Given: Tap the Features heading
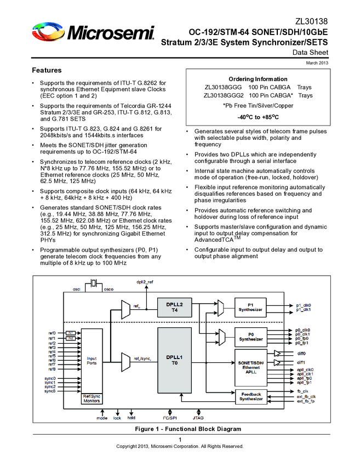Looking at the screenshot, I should click(x=47, y=71).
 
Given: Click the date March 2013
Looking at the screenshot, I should click(x=317, y=64).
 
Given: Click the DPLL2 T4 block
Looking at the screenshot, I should click(x=174, y=306).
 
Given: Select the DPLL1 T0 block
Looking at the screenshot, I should click(x=174, y=360).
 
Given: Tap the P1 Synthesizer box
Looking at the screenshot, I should click(x=250, y=306).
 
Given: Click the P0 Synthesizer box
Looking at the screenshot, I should click(x=250, y=336).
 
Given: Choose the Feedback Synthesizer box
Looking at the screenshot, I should click(x=250, y=396).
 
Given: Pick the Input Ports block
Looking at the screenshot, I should click(x=92, y=360).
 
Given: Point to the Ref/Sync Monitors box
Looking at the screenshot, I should click(x=92, y=399).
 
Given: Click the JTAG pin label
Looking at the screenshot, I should click(x=198, y=418).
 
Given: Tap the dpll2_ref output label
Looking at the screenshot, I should click(x=145, y=282).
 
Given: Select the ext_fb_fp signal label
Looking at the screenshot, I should click(x=306, y=401).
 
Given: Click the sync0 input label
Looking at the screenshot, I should click(x=50, y=378).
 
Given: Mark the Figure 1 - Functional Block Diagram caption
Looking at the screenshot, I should click(x=180, y=428).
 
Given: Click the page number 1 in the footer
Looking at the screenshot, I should click(x=180, y=440).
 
